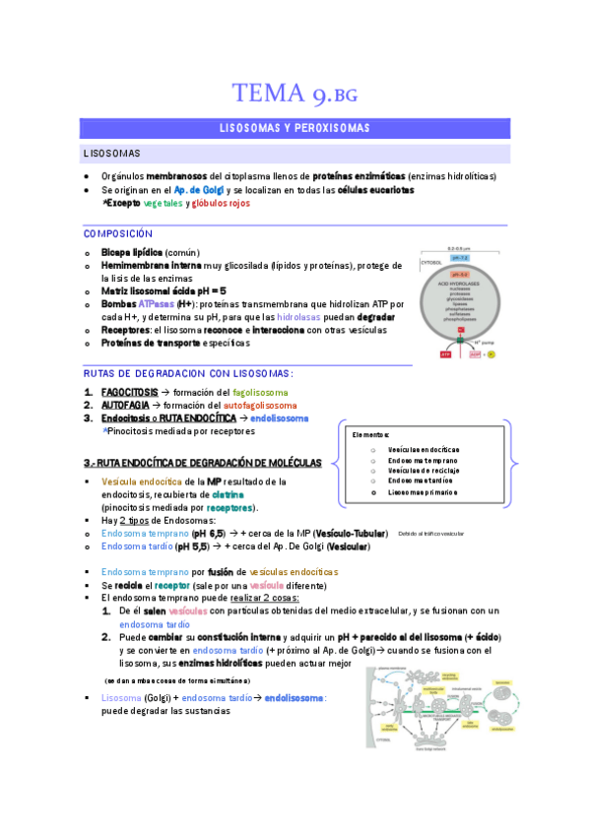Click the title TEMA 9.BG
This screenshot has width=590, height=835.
[295, 94]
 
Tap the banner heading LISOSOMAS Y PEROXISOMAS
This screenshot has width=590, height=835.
[295, 128]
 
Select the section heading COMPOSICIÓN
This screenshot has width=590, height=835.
[118, 234]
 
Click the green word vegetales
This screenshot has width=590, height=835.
[163, 203]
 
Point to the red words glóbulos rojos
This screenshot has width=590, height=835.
[221, 203]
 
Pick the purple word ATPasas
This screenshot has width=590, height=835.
[156, 305]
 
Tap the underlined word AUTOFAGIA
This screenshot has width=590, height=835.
[124, 405]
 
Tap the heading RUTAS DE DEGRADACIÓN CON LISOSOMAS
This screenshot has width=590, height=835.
[188, 373]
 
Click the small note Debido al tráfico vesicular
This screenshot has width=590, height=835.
[430, 534]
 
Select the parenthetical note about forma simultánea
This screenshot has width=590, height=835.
[177, 680]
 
